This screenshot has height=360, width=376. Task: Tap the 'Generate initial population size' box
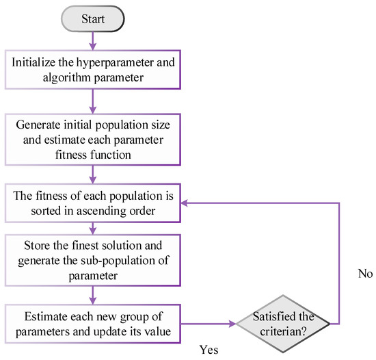92,138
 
